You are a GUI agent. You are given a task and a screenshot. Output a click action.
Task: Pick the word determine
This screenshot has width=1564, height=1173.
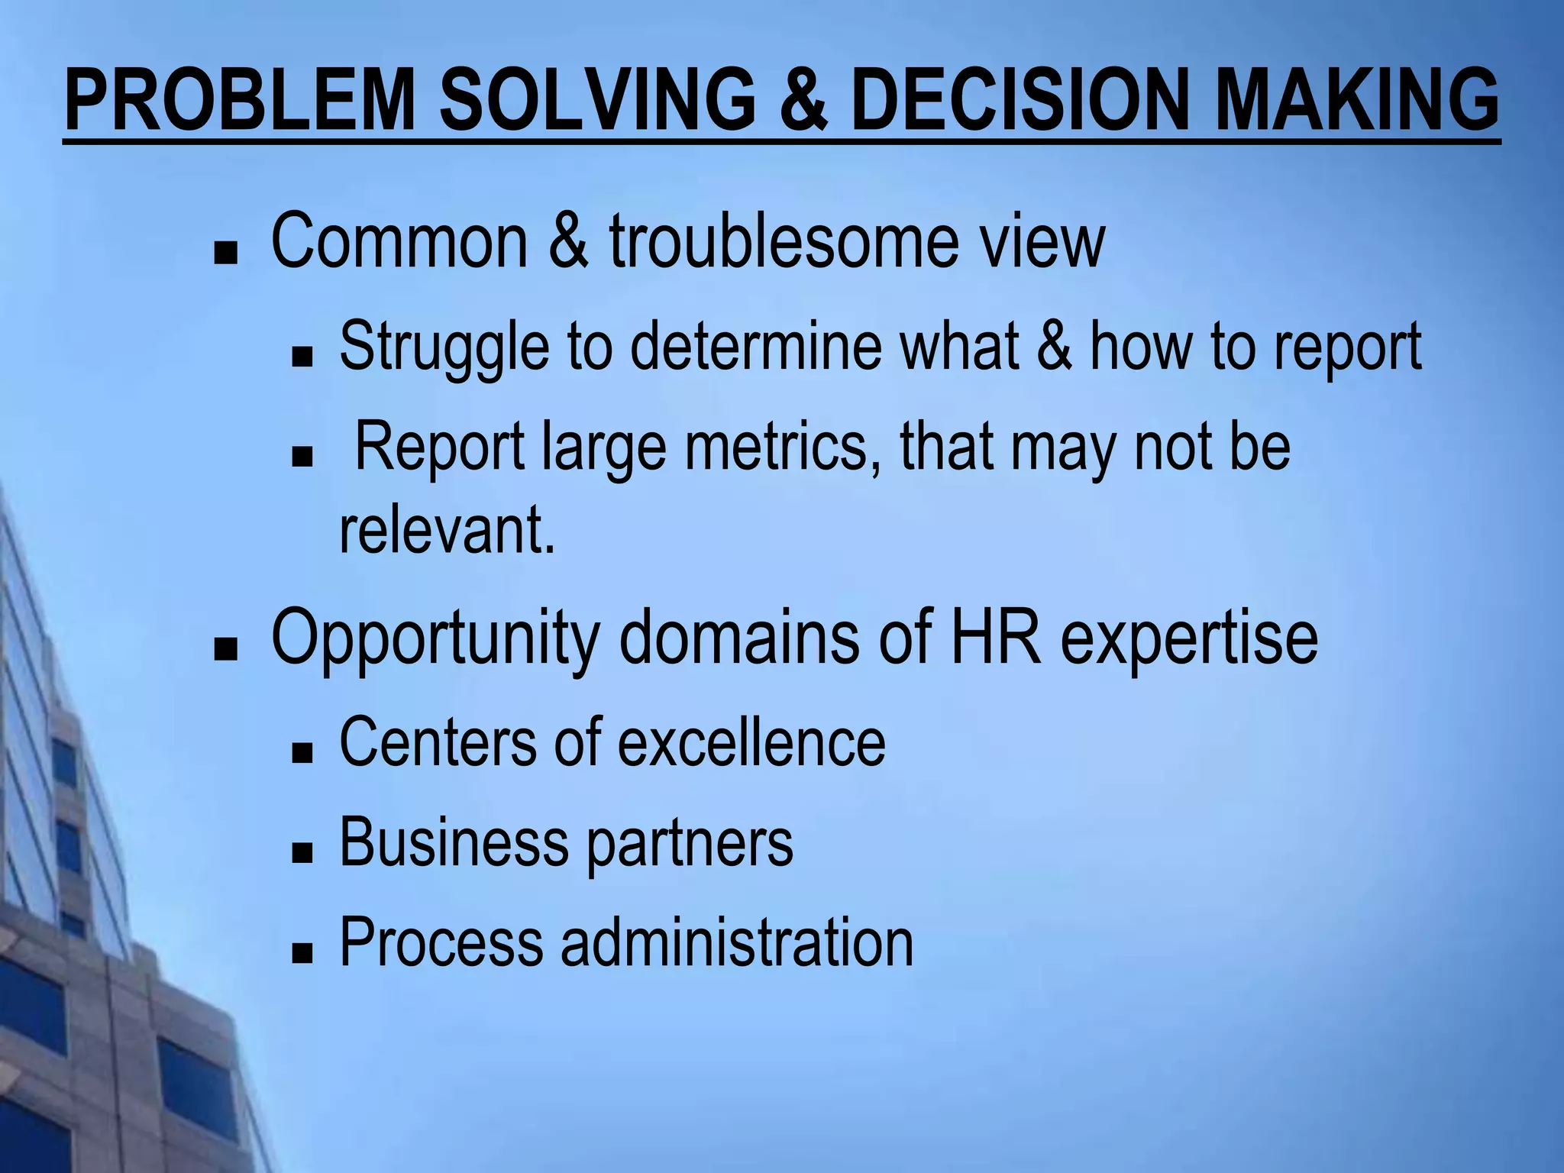click(756, 347)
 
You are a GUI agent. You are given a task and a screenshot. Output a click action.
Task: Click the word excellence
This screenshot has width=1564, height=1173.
click(751, 742)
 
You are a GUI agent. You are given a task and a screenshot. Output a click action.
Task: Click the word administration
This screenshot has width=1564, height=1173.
click(737, 943)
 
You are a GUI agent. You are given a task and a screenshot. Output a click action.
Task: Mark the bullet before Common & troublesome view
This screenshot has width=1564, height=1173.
click(225, 254)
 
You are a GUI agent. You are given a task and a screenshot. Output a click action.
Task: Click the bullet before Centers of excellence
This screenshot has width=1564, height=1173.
click(302, 754)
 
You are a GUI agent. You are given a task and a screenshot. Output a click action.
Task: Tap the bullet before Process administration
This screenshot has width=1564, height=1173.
click(302, 954)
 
